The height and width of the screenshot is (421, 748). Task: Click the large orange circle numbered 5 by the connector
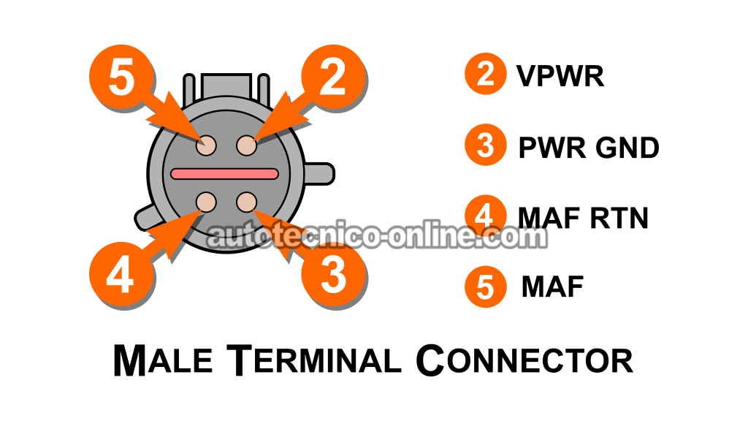(x=121, y=77)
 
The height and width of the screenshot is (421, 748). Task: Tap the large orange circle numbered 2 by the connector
(x=333, y=77)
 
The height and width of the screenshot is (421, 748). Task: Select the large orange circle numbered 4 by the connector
(x=121, y=275)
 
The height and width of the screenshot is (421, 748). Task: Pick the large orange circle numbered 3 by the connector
(x=333, y=275)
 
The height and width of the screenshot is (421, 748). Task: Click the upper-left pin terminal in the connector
(x=206, y=145)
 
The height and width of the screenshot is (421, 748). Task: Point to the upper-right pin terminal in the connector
(x=247, y=145)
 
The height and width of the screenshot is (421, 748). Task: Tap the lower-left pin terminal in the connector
(x=206, y=202)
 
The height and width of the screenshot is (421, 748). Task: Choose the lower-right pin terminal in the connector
(x=247, y=202)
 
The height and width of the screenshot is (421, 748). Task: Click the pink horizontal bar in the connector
(x=224, y=174)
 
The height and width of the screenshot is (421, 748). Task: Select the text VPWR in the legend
(x=560, y=75)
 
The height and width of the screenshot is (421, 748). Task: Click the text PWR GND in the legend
(x=589, y=148)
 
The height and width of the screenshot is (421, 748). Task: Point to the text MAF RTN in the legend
(x=583, y=218)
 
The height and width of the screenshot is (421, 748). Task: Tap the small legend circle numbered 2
(x=486, y=74)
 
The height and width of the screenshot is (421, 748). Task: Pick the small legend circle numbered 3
(x=486, y=145)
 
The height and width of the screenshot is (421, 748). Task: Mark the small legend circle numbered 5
(x=486, y=287)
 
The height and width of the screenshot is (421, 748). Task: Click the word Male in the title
(x=163, y=360)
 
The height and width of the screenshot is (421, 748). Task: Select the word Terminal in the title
(x=313, y=360)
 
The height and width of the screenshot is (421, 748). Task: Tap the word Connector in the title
(x=524, y=360)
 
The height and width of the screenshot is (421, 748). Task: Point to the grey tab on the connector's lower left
(x=145, y=217)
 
